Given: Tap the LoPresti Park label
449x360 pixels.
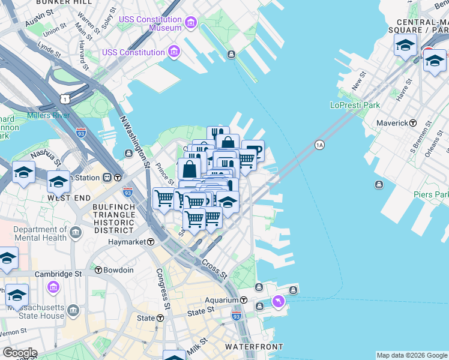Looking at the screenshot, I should click(x=355, y=105).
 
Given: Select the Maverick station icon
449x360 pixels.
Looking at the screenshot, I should click(x=413, y=123).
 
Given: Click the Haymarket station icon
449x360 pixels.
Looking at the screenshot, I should click(x=151, y=242).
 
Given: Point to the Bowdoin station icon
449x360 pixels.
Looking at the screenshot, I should click(x=98, y=270).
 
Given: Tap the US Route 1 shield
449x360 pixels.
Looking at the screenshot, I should click(x=66, y=98).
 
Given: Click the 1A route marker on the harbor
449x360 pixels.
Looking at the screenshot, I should click(x=319, y=145).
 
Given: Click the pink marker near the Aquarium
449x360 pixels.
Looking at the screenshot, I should click(x=278, y=301).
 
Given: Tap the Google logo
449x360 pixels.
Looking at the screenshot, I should click(x=20, y=353).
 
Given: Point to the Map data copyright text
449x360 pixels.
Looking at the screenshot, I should click(x=412, y=355).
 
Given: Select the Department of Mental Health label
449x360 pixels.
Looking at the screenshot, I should click(x=40, y=233).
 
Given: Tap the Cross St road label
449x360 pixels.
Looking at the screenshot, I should click(x=214, y=269).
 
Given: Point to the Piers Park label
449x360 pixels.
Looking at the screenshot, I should click(x=431, y=194).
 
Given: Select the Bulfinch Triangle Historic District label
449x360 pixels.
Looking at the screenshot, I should click(x=112, y=218).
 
